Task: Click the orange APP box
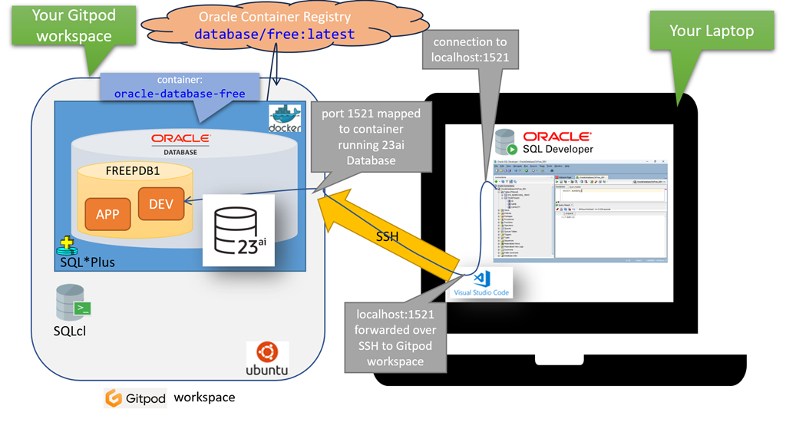(x=107, y=214)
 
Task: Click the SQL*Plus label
(x=87, y=262)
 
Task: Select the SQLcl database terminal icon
(x=73, y=302)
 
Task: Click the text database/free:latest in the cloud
(x=274, y=35)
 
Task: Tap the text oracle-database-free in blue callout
(x=180, y=94)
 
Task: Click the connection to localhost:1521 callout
(x=471, y=49)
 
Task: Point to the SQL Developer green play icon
(x=511, y=149)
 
